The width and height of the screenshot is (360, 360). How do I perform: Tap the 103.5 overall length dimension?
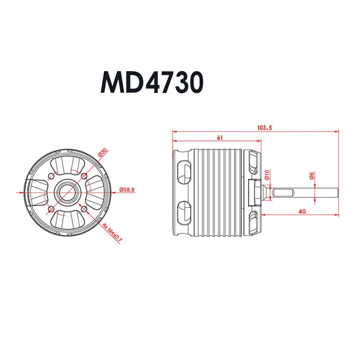click(x=264, y=128)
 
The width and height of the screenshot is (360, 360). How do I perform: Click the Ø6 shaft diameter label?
click(x=312, y=176)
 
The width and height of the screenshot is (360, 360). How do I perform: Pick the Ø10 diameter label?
click(x=267, y=174)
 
